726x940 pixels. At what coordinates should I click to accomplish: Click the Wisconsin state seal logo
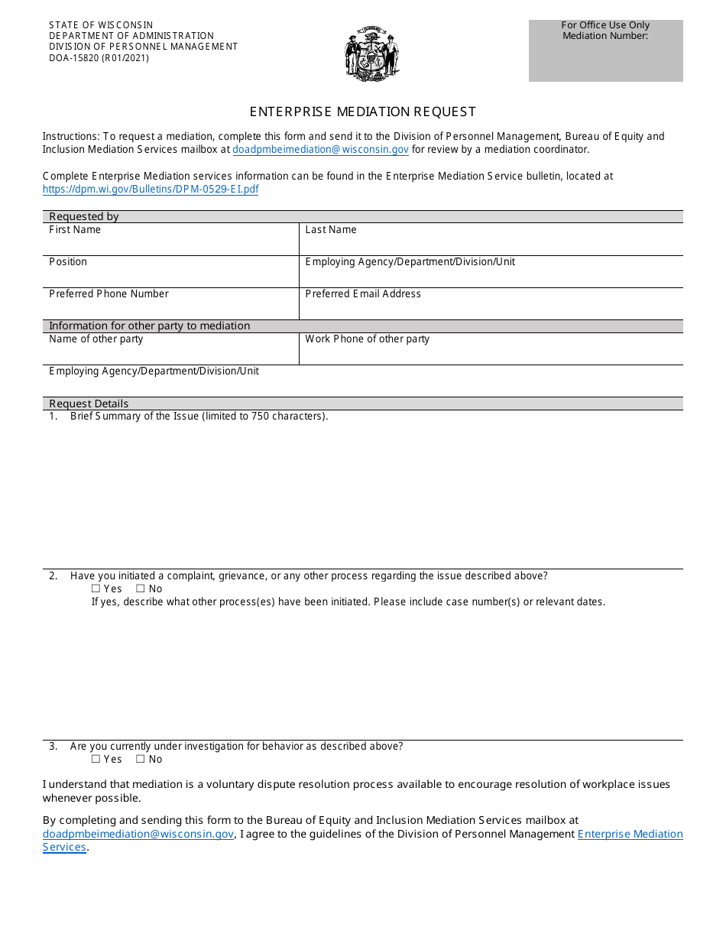371,53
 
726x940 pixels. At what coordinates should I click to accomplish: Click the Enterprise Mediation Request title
362,112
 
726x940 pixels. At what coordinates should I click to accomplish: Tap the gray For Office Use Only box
605,50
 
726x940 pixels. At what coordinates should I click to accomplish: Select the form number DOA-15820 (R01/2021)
99,58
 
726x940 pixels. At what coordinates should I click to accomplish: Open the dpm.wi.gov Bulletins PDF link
151,190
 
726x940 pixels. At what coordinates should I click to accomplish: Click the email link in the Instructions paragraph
320,150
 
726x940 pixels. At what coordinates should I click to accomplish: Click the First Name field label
75,230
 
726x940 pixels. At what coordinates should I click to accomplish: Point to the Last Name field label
330,230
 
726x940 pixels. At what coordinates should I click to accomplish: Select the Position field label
68,262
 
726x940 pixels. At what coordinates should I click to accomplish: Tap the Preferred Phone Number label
109,294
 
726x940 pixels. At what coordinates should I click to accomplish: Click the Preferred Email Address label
363,294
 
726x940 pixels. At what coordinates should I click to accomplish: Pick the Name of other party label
96,339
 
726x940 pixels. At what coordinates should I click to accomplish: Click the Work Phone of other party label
367,339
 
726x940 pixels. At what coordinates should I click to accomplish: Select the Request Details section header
89,404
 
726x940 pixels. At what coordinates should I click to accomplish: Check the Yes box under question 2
96,589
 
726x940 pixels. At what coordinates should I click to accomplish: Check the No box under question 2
141,589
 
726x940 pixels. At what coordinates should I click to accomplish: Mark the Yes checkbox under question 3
96,760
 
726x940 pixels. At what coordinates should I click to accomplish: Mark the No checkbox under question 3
141,760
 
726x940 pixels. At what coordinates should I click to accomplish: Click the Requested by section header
84,217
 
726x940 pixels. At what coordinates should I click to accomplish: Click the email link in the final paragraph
138,835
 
